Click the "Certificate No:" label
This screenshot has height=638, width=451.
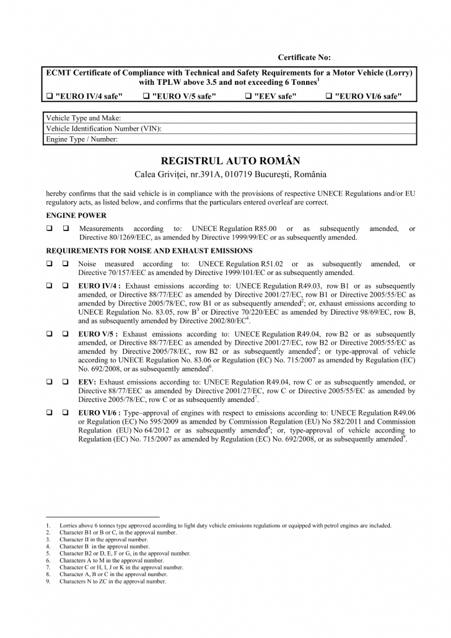pyautogui.click(x=304, y=58)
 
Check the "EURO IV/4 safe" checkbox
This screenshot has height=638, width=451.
pyautogui.click(x=50, y=96)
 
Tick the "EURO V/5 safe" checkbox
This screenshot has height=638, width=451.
pyautogui.click(x=146, y=96)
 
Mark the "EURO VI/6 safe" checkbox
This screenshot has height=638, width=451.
pyautogui.click(x=328, y=96)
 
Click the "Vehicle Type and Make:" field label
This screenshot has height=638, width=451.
pyautogui.click(x=84, y=118)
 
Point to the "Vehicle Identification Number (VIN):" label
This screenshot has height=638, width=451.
pyautogui.click(x=104, y=128)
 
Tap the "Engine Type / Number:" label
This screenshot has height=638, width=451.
pyautogui.click(x=82, y=139)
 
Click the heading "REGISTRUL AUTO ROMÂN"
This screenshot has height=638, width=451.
pyautogui.click(x=230, y=160)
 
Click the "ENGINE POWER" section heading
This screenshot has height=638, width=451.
pyautogui.click(x=76, y=216)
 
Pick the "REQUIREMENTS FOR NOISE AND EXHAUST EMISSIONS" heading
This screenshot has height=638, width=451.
pyautogui.click(x=149, y=251)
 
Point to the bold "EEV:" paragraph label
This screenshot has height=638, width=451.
pyautogui.click(x=87, y=383)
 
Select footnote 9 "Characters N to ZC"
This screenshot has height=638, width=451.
pyautogui.click(x=113, y=582)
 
